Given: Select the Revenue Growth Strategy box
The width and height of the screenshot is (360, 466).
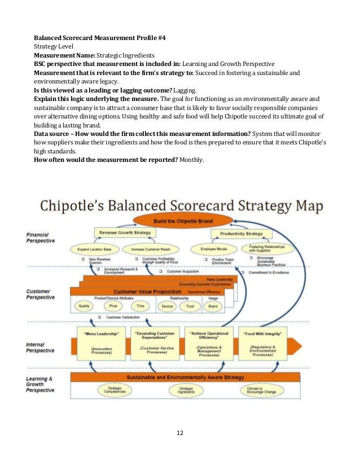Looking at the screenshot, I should point(125,232).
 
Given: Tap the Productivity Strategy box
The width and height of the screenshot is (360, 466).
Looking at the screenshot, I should point(241,233).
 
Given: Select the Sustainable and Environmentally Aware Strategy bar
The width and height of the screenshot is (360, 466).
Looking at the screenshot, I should point(185,377).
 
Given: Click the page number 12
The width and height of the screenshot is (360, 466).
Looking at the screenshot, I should point(180,433).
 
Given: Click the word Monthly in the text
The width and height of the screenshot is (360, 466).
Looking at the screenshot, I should point(192,160).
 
